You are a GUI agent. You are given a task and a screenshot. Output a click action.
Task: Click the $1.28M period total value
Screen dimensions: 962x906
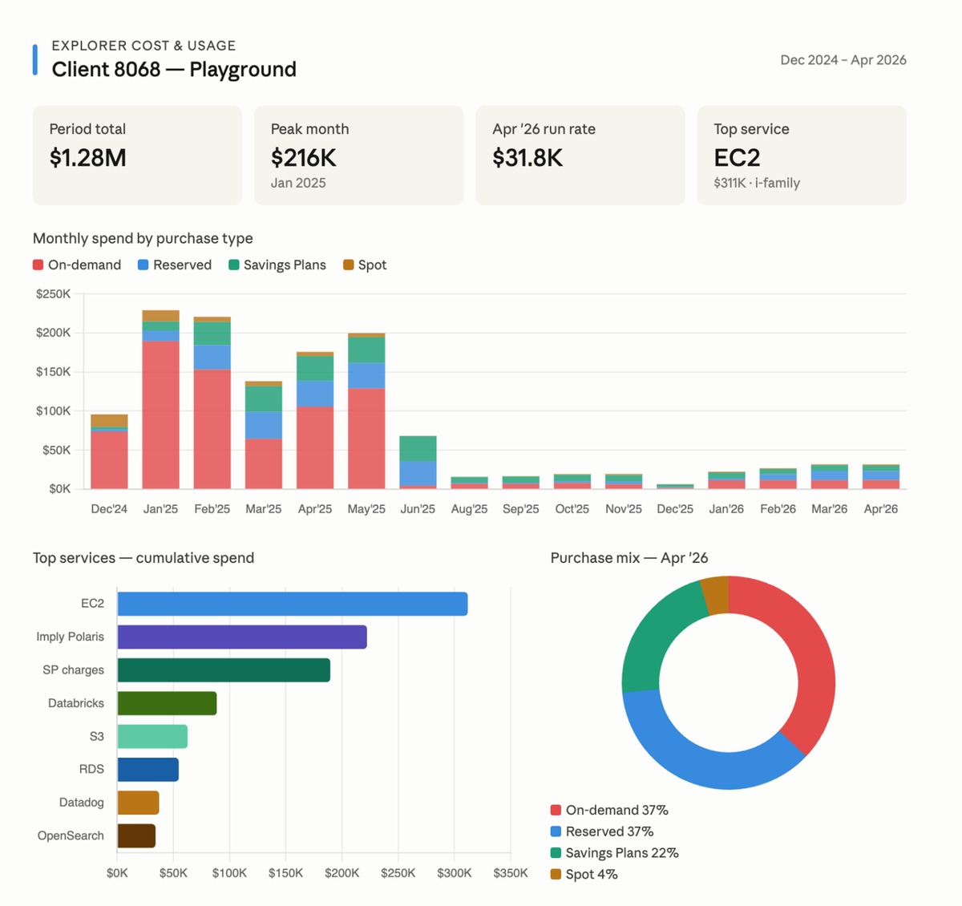(87, 158)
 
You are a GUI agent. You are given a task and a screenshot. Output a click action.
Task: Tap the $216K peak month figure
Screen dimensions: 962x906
(303, 158)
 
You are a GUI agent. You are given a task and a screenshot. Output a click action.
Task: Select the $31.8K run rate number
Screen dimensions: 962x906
(527, 158)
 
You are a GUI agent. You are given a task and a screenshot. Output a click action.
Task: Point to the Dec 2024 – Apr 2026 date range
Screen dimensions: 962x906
(843, 60)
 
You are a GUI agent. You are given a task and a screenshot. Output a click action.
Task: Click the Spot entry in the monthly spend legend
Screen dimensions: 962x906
(365, 265)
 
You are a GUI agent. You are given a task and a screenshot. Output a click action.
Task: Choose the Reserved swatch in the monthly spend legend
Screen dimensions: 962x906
(143, 265)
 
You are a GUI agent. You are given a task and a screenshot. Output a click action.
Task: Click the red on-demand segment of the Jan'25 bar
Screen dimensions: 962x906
(161, 415)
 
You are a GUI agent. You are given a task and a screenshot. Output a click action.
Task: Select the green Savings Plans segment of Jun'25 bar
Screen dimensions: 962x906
(418, 449)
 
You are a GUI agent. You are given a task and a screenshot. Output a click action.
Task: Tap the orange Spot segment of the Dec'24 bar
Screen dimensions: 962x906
(110, 421)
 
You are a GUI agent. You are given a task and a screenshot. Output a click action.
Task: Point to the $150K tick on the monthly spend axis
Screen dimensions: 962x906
(53, 371)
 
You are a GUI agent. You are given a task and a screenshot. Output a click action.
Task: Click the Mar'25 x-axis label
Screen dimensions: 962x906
(263, 508)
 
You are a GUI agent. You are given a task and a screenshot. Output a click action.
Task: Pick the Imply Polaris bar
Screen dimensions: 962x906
(242, 637)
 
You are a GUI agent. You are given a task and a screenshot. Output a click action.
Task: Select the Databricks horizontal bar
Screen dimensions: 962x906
(167, 703)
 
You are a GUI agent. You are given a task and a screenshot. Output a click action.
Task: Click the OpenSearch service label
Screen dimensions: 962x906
(71, 835)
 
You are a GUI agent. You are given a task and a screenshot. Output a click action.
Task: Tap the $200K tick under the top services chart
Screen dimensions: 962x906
(342, 873)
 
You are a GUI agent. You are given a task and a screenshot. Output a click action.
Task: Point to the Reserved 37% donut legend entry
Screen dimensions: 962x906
(602, 831)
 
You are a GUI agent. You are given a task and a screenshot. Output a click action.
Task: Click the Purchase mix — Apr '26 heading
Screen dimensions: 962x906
(629, 558)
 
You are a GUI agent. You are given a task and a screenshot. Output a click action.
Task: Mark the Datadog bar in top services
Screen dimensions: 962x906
(139, 803)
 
